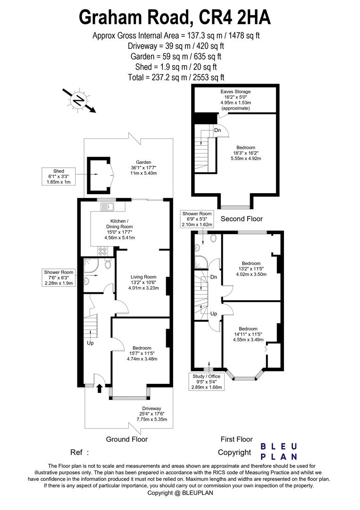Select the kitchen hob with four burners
pyautogui.click(x=103, y=251)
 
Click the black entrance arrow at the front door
pyautogui.click(x=100, y=388)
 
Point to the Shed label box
pyautogui.click(x=59, y=177)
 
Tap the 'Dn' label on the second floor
pyautogui.click(x=218, y=130)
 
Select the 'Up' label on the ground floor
pyautogui.click(x=90, y=343)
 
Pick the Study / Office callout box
pyautogui.click(x=207, y=382)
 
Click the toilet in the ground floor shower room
pyautogui.click(x=108, y=264)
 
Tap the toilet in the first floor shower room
pyautogui.click(x=213, y=238)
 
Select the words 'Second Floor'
pyautogui.click(x=242, y=219)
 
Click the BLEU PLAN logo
pyautogui.click(x=279, y=451)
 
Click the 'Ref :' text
pyautogui.click(x=80, y=452)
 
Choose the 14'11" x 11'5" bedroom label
pyautogui.click(x=248, y=334)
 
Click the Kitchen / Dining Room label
pyautogui.click(x=119, y=229)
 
